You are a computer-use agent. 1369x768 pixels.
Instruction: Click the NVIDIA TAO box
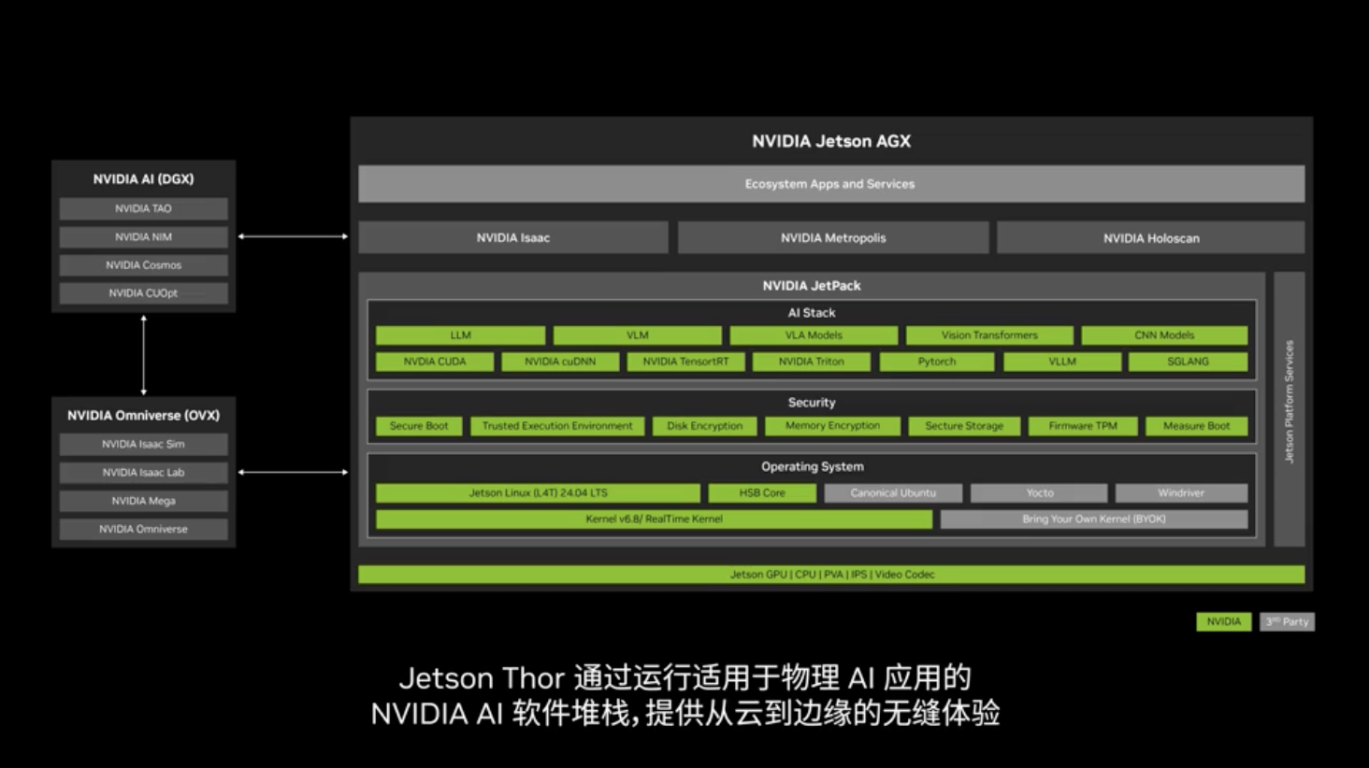tap(144, 208)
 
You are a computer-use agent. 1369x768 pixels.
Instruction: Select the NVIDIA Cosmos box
tap(144, 265)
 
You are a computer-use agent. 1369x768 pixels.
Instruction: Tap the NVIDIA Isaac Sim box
tap(144, 445)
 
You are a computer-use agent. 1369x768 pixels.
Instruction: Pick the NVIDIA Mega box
tap(144, 501)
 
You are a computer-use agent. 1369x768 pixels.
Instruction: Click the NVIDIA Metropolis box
tap(833, 237)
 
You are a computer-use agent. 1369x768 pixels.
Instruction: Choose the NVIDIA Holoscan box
tap(1151, 237)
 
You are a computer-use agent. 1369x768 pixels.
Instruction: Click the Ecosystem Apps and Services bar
tap(831, 184)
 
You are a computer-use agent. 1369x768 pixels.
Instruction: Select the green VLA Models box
tap(814, 335)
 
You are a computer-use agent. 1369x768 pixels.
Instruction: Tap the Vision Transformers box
tap(989, 335)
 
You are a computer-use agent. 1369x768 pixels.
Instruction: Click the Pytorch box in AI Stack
tap(936, 362)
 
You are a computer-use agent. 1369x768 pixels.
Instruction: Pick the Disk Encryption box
tap(705, 426)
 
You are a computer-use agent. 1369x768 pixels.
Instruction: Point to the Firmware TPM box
tap(1083, 426)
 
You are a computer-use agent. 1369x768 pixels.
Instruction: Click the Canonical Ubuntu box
tap(893, 492)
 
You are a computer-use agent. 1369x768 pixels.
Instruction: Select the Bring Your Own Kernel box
tap(1094, 519)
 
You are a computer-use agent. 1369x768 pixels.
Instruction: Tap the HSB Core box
tap(762, 492)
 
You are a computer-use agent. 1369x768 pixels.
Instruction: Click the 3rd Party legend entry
tap(1287, 621)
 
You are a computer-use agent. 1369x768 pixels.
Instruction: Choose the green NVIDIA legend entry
tap(1223, 621)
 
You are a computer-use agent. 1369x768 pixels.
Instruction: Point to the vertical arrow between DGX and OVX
tap(144, 355)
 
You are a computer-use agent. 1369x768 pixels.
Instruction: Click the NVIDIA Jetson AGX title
tap(831, 141)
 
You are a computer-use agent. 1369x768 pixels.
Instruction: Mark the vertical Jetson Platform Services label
tap(1289, 402)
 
